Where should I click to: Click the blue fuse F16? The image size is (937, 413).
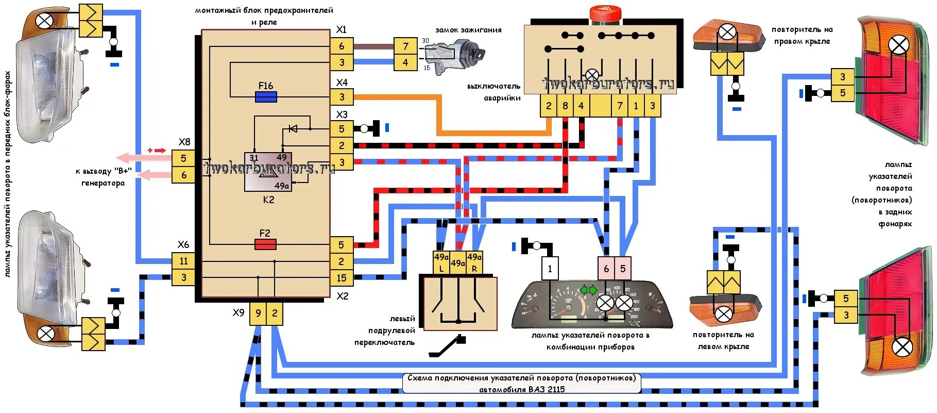[266, 97]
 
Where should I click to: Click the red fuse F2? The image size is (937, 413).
[266, 244]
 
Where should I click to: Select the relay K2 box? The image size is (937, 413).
[268, 172]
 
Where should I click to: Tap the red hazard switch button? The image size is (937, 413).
[606, 13]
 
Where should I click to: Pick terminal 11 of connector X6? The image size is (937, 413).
[183, 261]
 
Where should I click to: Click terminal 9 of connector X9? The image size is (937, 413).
[258, 313]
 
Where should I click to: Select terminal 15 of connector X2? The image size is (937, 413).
[342, 278]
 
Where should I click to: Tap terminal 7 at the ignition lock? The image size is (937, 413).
[405, 46]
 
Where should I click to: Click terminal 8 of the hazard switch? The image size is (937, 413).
[565, 106]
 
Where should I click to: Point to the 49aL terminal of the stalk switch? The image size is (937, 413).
[441, 262]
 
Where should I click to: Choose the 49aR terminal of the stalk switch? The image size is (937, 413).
[474, 262]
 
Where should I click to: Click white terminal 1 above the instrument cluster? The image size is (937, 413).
[550, 269]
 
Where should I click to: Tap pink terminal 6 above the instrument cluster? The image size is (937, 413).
[606, 269]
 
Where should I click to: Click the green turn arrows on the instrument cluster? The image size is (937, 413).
[588, 290]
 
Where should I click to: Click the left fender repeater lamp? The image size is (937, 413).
[723, 313]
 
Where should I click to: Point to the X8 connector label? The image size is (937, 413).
[184, 142]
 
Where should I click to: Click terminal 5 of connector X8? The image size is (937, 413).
[183, 158]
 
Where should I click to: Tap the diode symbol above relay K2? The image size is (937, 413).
[293, 128]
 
